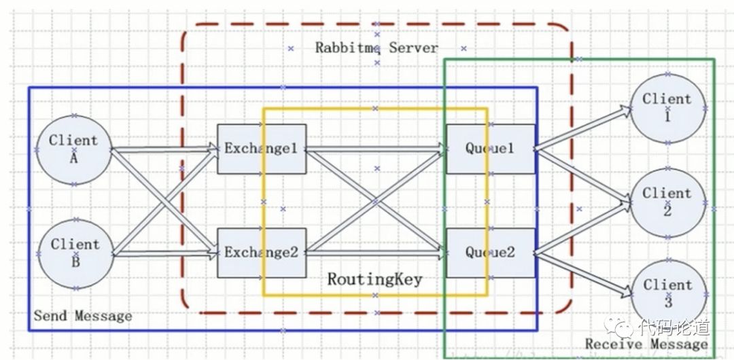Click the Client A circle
pyautogui.click(x=73, y=149)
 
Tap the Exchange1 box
pyautogui.click(x=262, y=149)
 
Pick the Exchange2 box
pyautogui.click(x=262, y=253)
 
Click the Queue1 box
pyautogui.click(x=490, y=149)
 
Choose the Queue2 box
pyautogui.click(x=490, y=253)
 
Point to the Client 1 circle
pyautogui.click(x=667, y=108)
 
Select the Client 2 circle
pyautogui.click(x=667, y=202)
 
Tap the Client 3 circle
pyautogui.click(x=667, y=293)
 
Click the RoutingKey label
pyautogui.click(x=374, y=279)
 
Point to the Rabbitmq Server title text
pyautogui.click(x=377, y=48)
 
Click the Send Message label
pyautogui.click(x=83, y=316)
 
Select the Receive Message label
pyautogui.click(x=646, y=344)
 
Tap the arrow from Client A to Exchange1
pyautogui.click(x=163, y=148)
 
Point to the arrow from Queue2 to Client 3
pyautogui.click(x=581, y=274)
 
